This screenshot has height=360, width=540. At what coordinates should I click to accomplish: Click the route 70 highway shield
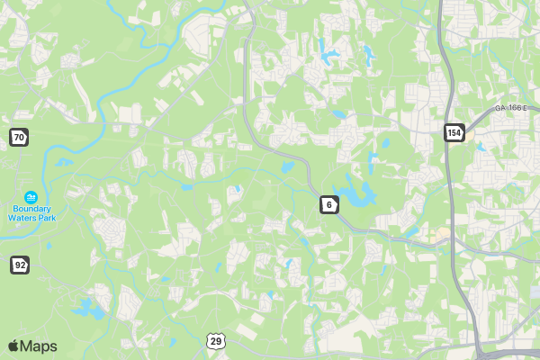[18, 137]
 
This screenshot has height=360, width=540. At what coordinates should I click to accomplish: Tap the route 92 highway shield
[20, 265]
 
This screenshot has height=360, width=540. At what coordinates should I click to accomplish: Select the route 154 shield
[454, 132]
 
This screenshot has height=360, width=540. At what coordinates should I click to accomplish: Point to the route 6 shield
[329, 205]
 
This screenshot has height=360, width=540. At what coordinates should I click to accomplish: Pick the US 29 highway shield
[214, 339]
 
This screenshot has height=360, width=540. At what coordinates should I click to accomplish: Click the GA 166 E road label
[509, 108]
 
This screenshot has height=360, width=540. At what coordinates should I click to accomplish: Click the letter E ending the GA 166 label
[523, 108]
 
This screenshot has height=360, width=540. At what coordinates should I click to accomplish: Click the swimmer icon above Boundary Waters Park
[31, 196]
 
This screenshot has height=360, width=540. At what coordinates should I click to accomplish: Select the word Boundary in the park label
[31, 208]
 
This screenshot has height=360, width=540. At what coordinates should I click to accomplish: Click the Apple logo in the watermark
[13, 346]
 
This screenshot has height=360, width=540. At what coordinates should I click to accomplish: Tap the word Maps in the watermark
[39, 346]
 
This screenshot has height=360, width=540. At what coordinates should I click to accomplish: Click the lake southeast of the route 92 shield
[87, 309]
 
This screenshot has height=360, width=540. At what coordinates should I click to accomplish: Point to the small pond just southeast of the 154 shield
[480, 146]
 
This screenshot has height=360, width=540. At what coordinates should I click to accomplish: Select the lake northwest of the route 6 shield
[288, 166]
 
